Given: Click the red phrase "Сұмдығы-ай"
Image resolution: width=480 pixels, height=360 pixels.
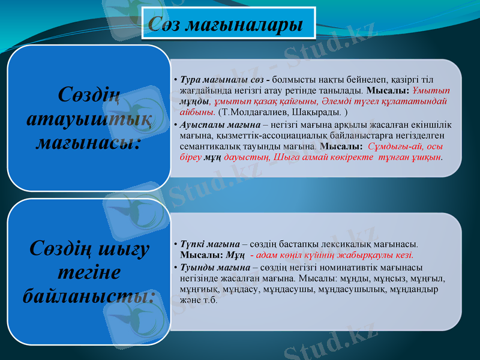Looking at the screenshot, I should [388, 146].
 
